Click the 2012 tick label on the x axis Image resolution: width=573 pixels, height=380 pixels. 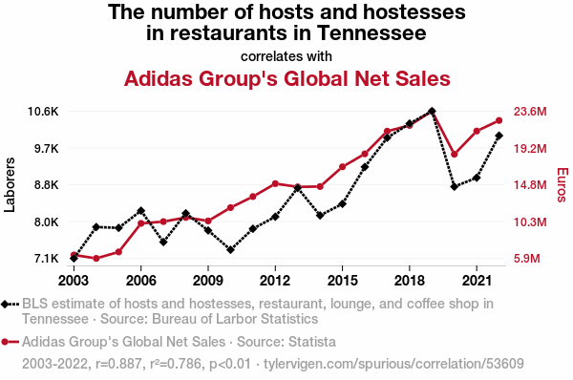pos(275,281)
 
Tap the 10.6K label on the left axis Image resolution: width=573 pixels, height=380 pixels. pos(43,112)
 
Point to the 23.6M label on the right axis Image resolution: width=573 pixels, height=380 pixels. pos(530,112)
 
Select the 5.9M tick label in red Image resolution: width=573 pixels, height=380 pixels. pos(526,259)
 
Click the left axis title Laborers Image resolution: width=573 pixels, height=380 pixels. pos(10,185)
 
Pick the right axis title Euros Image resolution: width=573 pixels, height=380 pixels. pos(562,185)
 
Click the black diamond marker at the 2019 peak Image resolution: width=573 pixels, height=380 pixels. pos(432,111)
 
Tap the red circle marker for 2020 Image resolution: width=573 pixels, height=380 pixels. pos(455,154)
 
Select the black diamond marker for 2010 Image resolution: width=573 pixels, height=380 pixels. pos(230,250)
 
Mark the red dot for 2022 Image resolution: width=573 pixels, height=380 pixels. pos(499,120)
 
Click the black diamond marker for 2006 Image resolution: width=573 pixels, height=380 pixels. pos(141,210)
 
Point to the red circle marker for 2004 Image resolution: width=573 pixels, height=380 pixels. pos(96,259)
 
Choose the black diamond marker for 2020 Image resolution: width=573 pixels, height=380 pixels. pos(455,187)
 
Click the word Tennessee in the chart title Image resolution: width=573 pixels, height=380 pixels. pos(371,32)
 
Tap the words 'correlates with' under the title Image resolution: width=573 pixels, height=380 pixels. pos(286,56)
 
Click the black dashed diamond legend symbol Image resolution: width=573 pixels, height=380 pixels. pos(11,304)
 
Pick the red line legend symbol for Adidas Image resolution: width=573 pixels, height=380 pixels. pos(11,342)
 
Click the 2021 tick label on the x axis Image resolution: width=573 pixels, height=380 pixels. pos(477,281)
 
